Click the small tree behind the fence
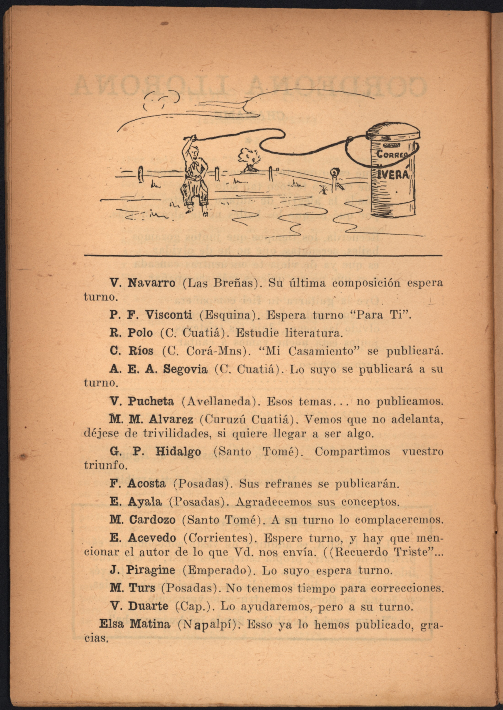point(249,158)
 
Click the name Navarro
point(151,283)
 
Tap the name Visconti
point(169,315)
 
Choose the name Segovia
point(185,369)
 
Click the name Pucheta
point(151,402)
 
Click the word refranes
point(291,484)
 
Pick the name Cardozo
point(152,520)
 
